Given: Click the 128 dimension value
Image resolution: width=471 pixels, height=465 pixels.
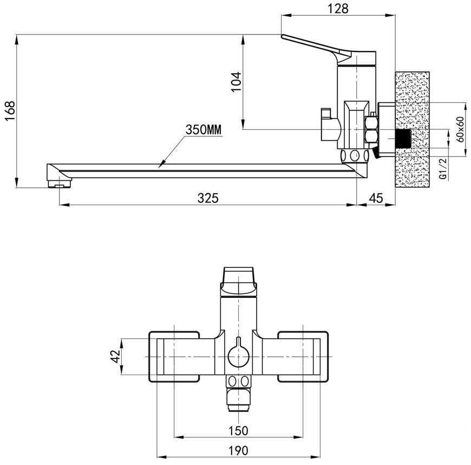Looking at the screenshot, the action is click(338, 9).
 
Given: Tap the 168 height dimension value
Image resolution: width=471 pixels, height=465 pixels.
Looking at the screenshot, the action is click(10, 111).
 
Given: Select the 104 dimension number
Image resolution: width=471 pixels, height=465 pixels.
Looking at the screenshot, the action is click(237, 82).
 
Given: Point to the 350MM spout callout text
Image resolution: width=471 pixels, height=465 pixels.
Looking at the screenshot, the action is click(204, 130).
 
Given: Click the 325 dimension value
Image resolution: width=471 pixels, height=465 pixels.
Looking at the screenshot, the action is click(208, 198).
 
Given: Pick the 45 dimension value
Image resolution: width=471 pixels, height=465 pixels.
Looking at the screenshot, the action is click(376, 198).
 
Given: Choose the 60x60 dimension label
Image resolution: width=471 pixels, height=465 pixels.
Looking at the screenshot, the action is click(460, 129).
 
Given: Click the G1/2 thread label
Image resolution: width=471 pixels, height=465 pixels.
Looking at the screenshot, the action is click(443, 168).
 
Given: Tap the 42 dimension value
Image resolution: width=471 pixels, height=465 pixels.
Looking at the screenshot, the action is click(115, 356).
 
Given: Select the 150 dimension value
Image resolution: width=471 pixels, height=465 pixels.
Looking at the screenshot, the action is click(238, 430).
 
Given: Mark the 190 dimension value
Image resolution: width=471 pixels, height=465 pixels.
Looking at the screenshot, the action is click(238, 450).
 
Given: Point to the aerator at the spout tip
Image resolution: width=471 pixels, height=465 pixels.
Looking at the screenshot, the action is click(60, 183).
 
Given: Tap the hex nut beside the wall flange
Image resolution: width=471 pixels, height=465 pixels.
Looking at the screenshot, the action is click(371, 129).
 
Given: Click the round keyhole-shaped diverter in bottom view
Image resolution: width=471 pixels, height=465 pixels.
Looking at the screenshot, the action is click(238, 355).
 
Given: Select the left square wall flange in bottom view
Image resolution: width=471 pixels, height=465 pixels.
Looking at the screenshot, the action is click(174, 357).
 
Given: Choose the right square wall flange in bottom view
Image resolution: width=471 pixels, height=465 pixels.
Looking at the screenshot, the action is click(303, 357).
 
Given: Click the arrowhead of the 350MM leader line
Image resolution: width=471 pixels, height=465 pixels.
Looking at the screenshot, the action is click(161, 165).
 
